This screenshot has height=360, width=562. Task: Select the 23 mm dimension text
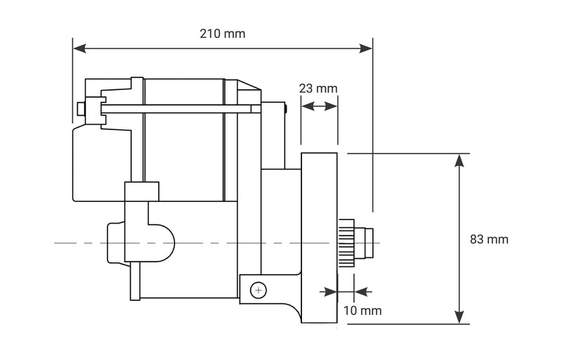pos(318,89)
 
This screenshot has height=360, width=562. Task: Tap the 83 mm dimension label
pos(489,239)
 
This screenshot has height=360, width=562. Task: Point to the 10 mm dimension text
pos(362,309)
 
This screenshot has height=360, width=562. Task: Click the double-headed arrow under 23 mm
pos(319,106)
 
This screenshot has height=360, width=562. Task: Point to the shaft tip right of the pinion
pos(370,243)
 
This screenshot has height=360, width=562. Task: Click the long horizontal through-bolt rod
pos(176,108)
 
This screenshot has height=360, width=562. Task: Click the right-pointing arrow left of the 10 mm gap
pos(328,290)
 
